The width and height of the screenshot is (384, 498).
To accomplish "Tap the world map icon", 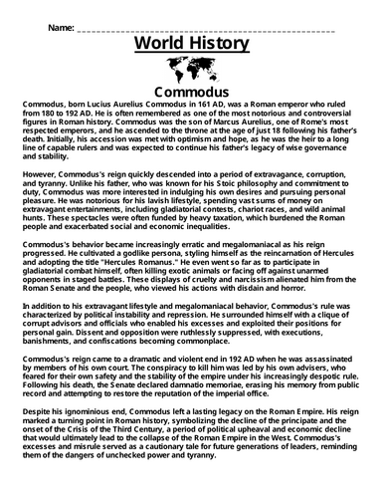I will (191, 70).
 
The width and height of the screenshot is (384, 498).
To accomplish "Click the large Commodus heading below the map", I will (191, 93).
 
